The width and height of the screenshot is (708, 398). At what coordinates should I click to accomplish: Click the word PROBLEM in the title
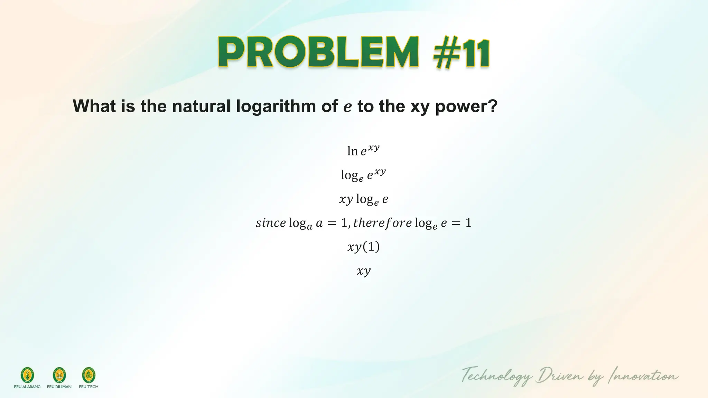[318, 53]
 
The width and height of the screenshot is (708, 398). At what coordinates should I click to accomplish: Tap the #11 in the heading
[462, 54]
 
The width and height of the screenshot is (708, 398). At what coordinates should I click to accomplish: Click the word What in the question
[94, 106]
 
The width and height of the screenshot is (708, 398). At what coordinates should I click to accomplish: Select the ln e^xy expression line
[363, 151]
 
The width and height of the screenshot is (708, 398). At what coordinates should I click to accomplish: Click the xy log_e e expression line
[363, 199]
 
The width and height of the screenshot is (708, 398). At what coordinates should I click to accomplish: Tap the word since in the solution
[271, 223]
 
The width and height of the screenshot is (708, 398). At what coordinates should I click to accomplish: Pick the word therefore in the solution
[382, 223]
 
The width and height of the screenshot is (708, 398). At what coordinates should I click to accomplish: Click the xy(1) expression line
[363, 247]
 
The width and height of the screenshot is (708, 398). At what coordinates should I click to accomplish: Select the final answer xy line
[363, 271]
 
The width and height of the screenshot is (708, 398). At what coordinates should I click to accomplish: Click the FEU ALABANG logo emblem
[27, 375]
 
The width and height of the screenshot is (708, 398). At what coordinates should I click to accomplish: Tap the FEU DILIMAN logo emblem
[59, 375]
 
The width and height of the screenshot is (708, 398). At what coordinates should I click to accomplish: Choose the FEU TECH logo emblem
[88, 375]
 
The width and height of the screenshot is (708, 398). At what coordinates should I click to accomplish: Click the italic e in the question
[347, 106]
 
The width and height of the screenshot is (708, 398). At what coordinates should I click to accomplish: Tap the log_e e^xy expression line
[363, 175]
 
